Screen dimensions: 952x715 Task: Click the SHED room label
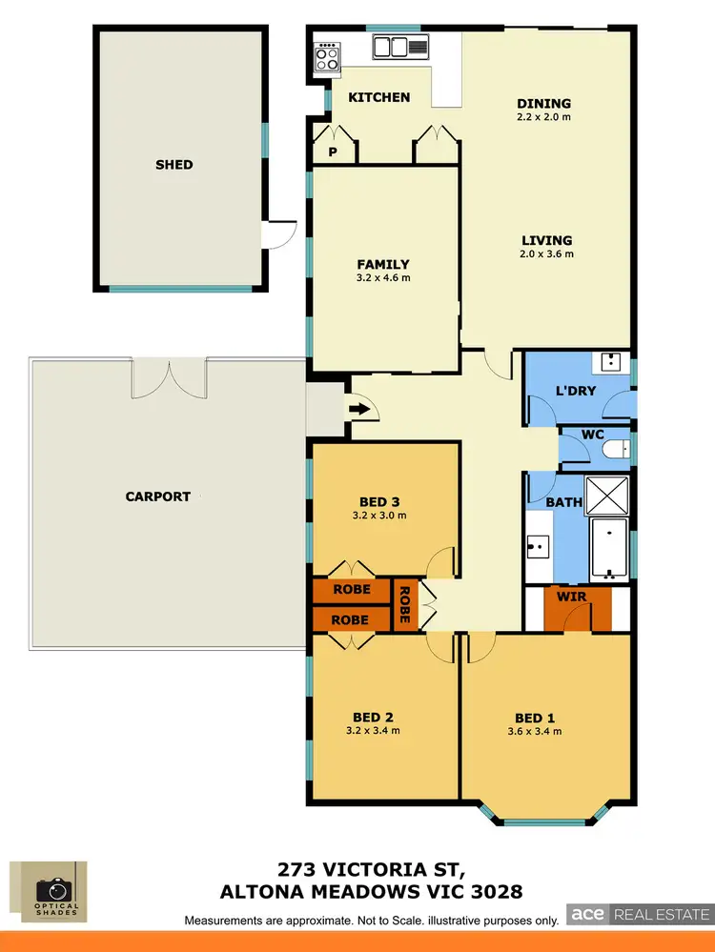[174, 164]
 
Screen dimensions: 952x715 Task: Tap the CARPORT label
[158, 496]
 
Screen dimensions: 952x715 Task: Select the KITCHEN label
[378, 97]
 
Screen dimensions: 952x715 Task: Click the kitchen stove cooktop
[327, 57]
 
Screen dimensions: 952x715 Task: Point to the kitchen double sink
[403, 47]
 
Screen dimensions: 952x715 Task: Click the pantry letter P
[333, 152]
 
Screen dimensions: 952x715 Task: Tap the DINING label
[543, 104]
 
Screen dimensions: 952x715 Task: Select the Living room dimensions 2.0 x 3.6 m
[546, 254]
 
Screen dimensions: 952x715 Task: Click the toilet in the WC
[619, 448]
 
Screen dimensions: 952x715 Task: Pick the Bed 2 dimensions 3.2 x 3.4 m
[373, 731]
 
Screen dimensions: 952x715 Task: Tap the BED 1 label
[535, 718]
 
